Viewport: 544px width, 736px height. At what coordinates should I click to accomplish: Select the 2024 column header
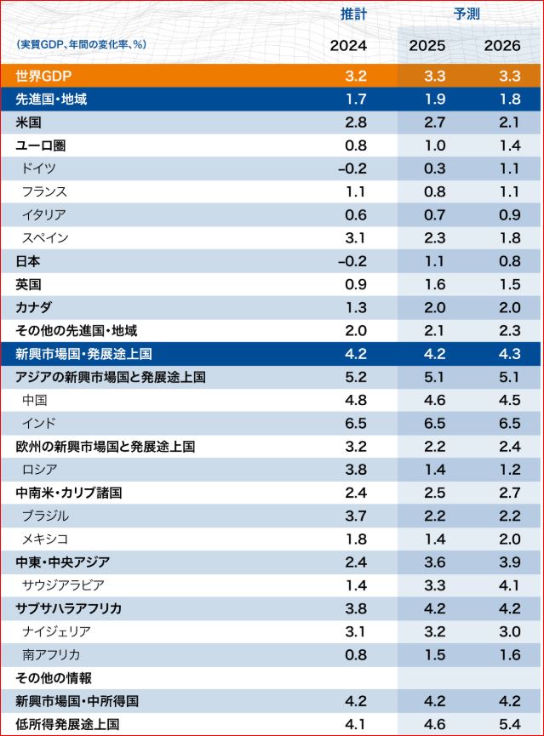coord(348,45)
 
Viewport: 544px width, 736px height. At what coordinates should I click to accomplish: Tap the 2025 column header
coord(427,45)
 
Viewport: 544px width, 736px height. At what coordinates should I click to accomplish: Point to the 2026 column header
coord(502,45)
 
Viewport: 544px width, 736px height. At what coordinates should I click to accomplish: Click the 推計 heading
coord(353,14)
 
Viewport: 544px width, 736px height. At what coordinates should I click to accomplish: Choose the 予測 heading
coord(465,14)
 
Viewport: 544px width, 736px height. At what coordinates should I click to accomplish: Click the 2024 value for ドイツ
coord(352,168)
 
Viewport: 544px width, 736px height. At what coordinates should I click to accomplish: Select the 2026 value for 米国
coord(509,123)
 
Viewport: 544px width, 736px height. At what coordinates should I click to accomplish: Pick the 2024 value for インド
coord(357,423)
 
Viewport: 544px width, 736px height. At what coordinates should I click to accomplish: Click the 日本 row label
coord(28,261)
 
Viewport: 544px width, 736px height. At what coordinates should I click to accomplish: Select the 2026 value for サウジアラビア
coord(509,585)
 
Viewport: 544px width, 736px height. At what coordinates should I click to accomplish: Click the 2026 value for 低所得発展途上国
coord(509,724)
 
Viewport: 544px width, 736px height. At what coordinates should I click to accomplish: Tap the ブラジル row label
coord(46,516)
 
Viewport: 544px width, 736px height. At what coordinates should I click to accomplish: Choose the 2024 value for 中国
coord(357,400)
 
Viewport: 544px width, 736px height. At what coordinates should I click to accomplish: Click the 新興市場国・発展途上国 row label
coord(84,354)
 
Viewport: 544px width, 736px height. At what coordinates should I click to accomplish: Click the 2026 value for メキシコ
coord(509,539)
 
